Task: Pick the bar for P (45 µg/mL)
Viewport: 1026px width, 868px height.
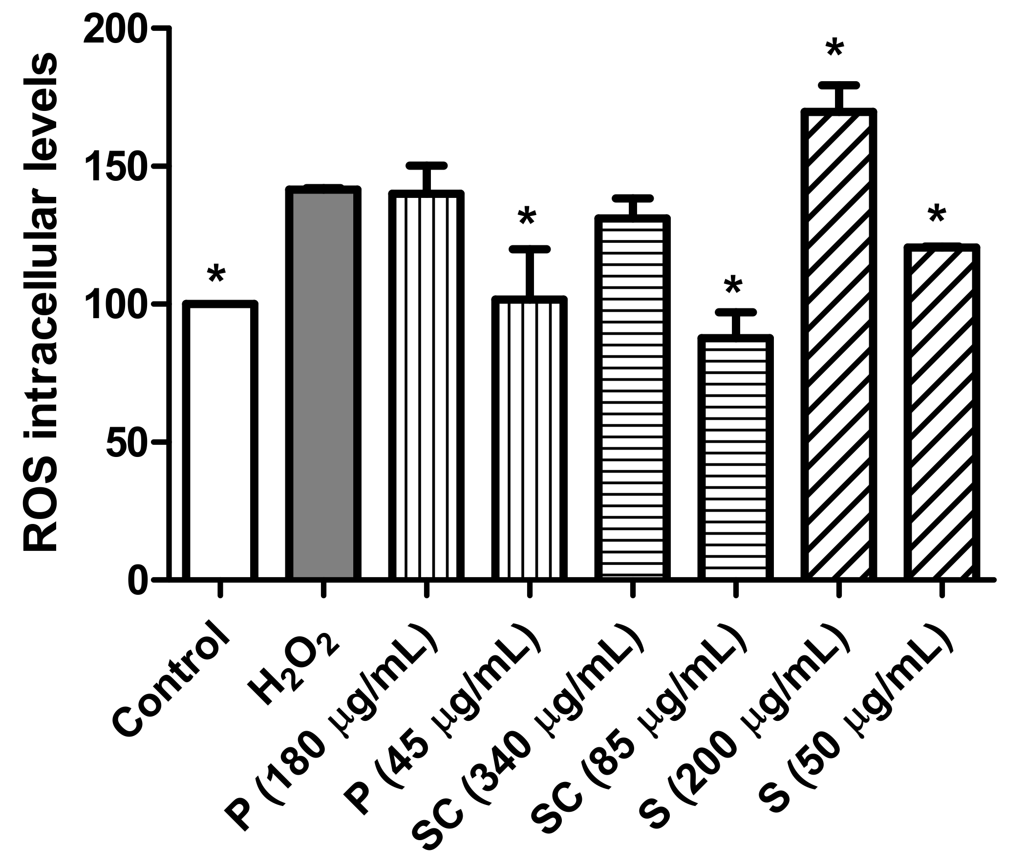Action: click(529, 438)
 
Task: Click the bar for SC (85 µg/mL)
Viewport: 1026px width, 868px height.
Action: click(736, 457)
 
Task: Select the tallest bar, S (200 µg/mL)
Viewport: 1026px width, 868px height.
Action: click(839, 345)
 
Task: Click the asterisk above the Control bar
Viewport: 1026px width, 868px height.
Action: click(216, 275)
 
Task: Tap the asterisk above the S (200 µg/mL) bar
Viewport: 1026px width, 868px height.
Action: click(835, 50)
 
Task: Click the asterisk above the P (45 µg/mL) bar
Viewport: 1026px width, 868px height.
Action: click(527, 217)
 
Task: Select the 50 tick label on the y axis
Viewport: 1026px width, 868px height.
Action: click(127, 442)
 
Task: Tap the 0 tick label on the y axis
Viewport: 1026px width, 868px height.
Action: click(138, 580)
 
